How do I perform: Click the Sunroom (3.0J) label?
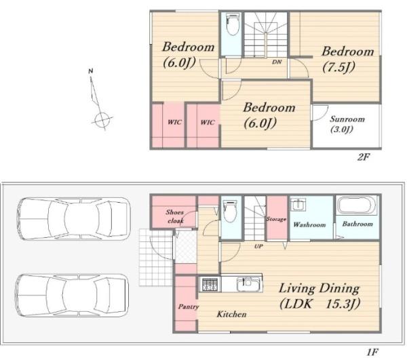pos(347,124)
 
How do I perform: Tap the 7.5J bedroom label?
pos(348,59)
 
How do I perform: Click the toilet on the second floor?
pos(233,24)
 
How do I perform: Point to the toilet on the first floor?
pos(230,211)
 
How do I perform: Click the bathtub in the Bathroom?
pos(357,205)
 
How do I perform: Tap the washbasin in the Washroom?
pos(298,205)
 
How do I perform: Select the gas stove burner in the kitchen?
pos(210,284)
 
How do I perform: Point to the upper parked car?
pos(73,219)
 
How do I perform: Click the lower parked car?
pos(72,296)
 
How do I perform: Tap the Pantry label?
pos(188,307)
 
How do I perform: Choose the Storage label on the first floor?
pos(277,219)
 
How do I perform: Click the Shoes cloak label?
pos(175,216)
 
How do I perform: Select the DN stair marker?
pos(277,62)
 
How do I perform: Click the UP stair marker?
pos(258,246)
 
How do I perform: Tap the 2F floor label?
pos(363,157)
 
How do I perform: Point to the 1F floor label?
pos(372,352)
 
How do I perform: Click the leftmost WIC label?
pos(174,122)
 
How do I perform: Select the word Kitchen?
pos(231,314)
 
